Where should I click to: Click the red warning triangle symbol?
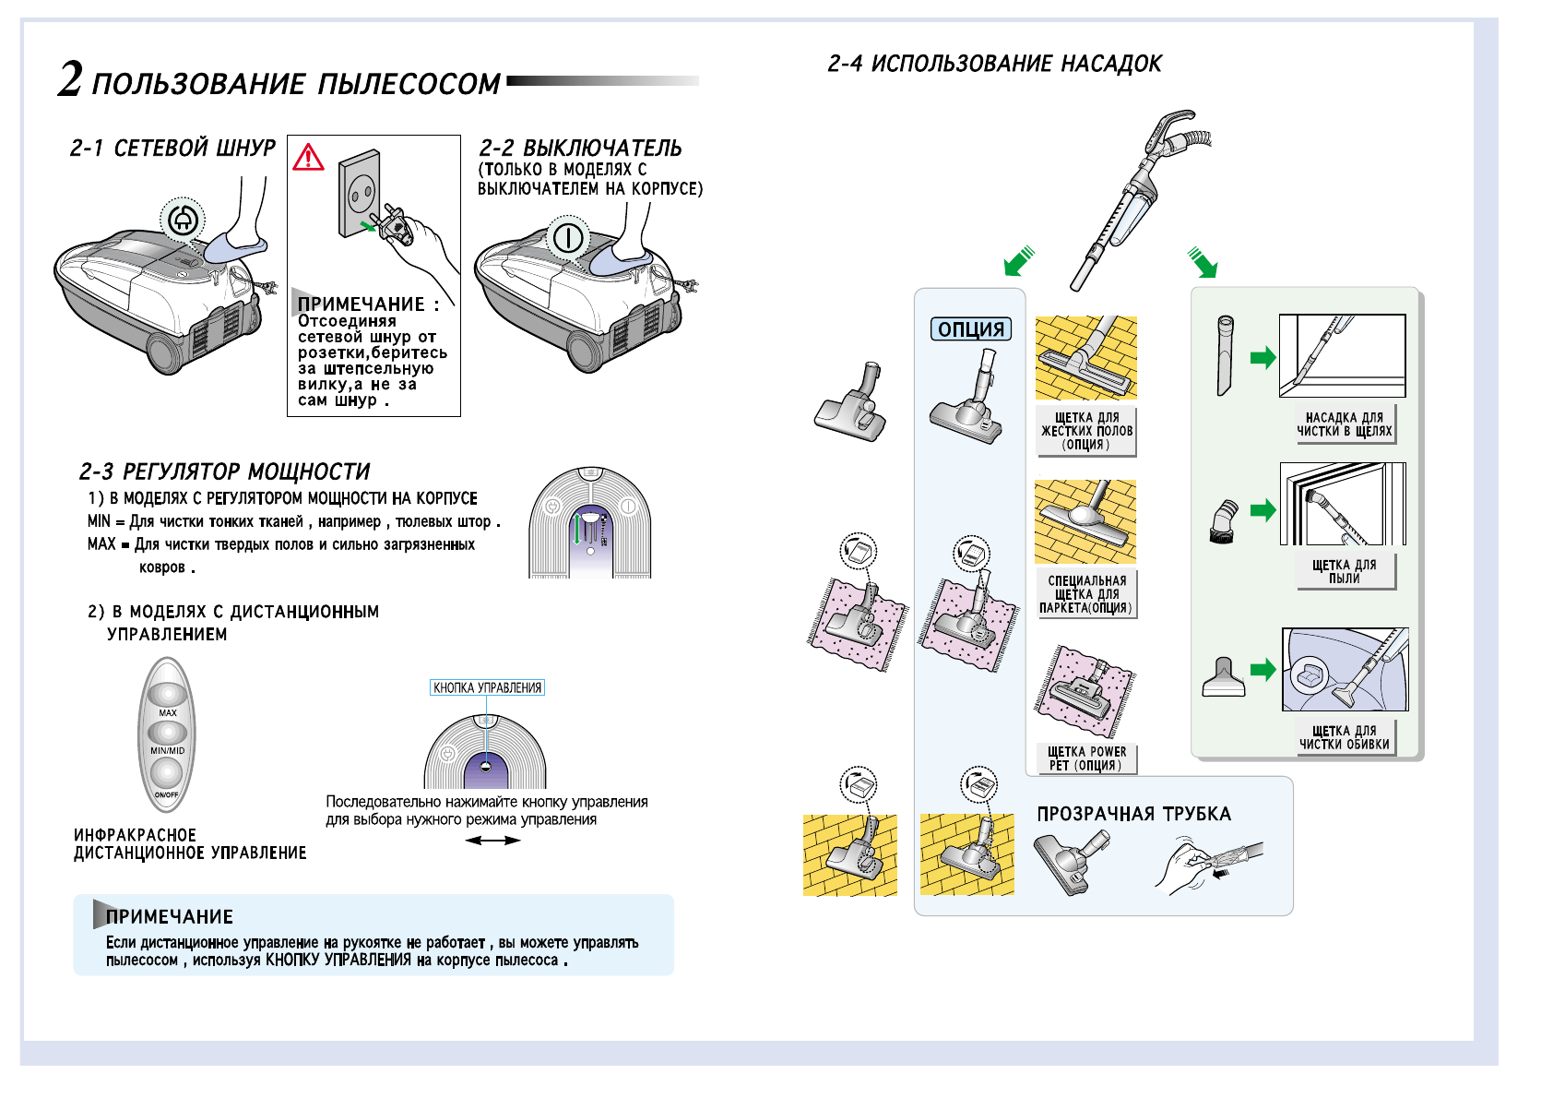(308, 158)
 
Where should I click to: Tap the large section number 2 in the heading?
(70, 79)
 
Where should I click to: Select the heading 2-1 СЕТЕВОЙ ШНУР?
(172, 149)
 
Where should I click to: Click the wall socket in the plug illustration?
(359, 193)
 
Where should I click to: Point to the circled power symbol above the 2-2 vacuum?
(568, 237)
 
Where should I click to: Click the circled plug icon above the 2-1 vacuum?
(183, 220)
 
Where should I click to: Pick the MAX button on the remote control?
(167, 694)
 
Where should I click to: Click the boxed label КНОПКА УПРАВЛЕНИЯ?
(487, 687)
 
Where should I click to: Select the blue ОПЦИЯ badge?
(971, 329)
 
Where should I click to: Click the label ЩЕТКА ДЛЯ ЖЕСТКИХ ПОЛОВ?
(1086, 431)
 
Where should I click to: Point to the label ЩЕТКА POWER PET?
(1086, 758)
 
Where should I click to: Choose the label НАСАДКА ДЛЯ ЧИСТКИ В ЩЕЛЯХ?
(1344, 424)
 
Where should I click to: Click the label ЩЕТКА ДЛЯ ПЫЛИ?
(1344, 571)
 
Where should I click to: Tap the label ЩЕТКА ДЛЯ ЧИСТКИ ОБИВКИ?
(1344, 737)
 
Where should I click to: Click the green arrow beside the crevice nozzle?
(1263, 358)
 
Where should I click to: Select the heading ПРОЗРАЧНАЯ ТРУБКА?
(1133, 814)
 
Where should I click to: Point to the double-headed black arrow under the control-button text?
(492, 841)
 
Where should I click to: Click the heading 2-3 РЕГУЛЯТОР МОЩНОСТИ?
(224, 472)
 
